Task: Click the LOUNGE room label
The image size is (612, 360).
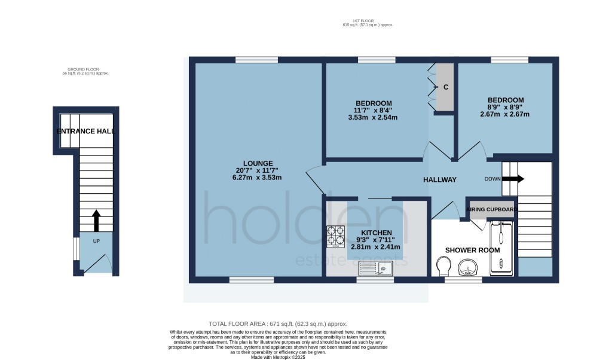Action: (x=258, y=163)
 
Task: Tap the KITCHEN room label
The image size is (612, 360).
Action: (x=377, y=233)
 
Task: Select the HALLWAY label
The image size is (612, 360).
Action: (x=439, y=179)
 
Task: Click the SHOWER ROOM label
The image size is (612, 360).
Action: (x=472, y=251)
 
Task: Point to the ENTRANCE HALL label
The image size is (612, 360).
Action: (x=85, y=131)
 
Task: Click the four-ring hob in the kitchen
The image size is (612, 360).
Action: (x=335, y=237)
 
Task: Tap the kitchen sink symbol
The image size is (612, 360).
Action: (x=375, y=269)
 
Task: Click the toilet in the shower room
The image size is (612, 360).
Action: (x=444, y=266)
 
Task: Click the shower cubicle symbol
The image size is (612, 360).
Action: (x=501, y=248)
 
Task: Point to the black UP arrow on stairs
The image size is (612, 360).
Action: (x=96, y=220)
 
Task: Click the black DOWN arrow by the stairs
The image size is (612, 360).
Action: (x=513, y=178)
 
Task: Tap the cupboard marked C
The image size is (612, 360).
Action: (x=445, y=87)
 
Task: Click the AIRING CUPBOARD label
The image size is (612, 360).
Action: (x=491, y=209)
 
